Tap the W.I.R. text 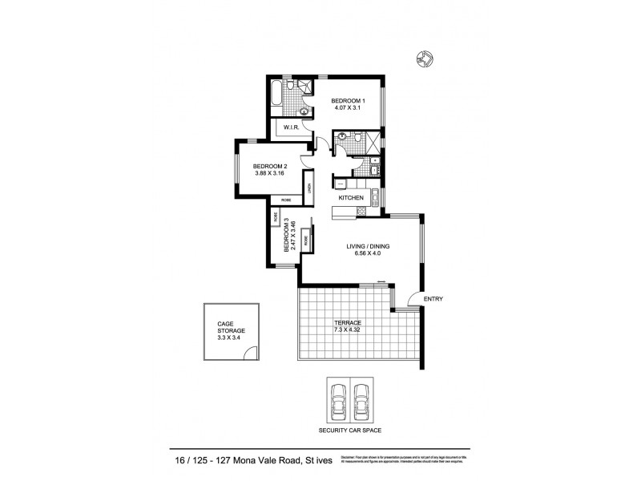click(290, 127)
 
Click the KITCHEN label click(351, 198)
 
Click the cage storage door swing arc click(251, 353)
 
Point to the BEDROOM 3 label click(284, 238)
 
